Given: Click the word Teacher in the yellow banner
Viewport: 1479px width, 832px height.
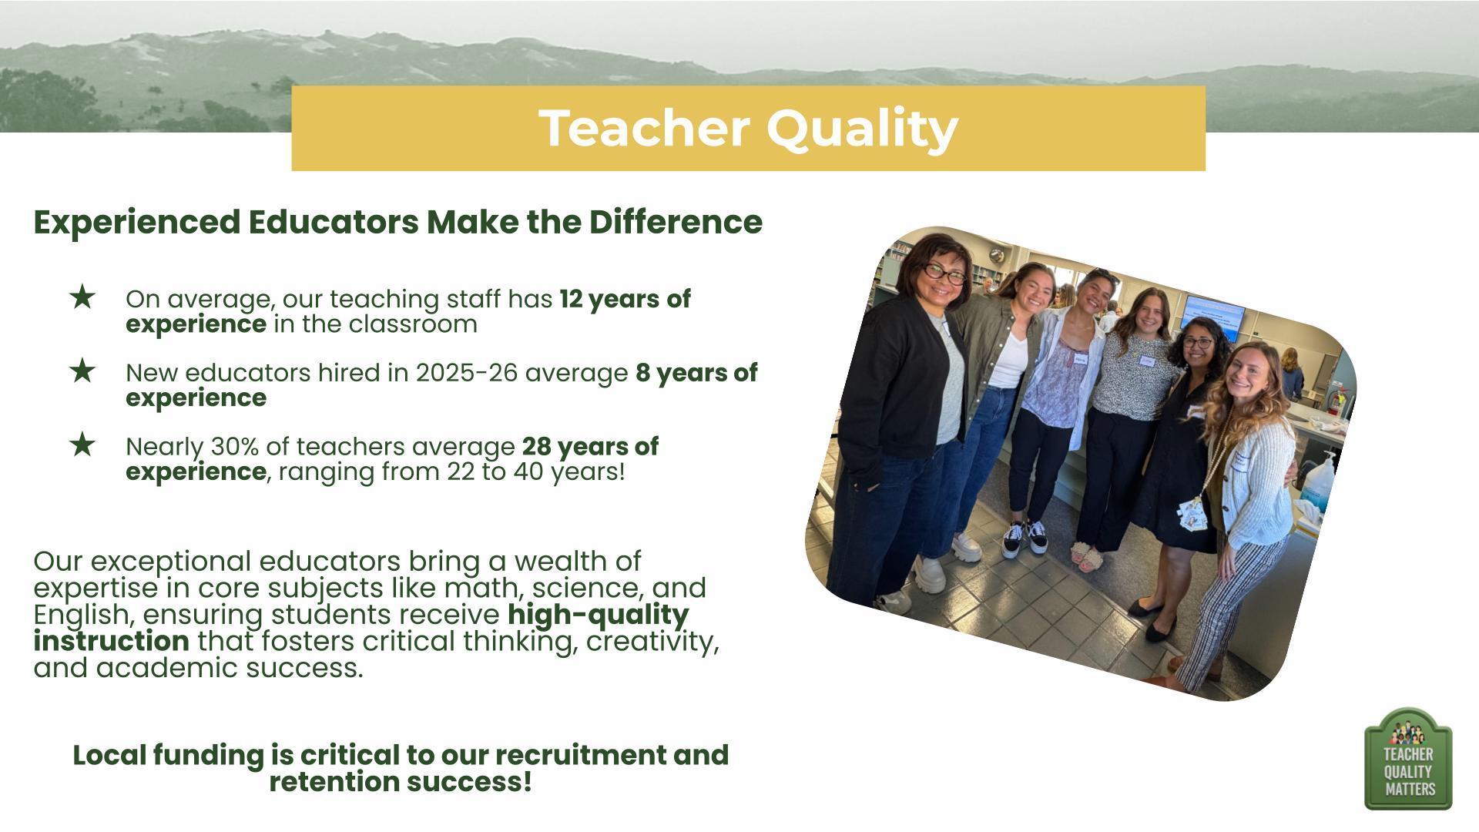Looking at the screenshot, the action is pos(644,128).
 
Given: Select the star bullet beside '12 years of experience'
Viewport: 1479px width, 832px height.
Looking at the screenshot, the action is pos(82,297).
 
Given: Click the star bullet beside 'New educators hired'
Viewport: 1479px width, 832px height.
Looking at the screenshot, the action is pos(82,371).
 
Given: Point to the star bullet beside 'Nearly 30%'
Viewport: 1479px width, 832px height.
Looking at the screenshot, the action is pos(82,445).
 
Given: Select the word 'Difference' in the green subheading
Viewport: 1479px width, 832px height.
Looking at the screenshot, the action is pos(676,222).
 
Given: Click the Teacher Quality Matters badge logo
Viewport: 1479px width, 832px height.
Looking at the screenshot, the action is pos(1408,759).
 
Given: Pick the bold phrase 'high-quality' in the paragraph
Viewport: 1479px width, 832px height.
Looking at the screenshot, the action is pos(599,615).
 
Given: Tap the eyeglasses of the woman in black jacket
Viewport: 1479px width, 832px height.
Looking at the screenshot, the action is pos(944,273).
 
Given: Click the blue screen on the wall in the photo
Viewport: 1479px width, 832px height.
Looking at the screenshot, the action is pos(1215,316).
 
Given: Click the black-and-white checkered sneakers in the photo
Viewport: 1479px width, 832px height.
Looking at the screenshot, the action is pos(1025,537).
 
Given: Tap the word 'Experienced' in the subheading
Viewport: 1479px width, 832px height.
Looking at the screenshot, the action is pos(137,223).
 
